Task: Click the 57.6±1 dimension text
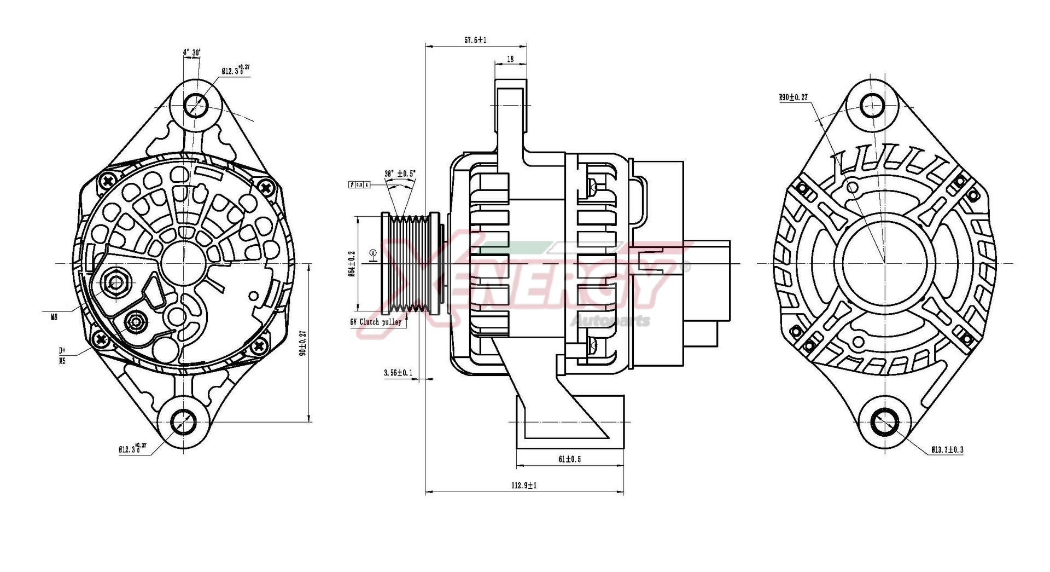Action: [475, 40]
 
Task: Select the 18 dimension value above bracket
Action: [510, 59]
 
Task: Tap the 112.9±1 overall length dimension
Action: [523, 485]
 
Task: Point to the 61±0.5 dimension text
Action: [569, 459]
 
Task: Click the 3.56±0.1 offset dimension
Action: [398, 373]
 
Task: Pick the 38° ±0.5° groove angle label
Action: [400, 174]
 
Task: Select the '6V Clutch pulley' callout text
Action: [376, 322]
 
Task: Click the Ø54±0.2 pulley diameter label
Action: [352, 263]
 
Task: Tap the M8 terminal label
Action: [54, 316]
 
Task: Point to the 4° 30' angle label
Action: [191, 53]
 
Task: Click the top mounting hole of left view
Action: [195, 105]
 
